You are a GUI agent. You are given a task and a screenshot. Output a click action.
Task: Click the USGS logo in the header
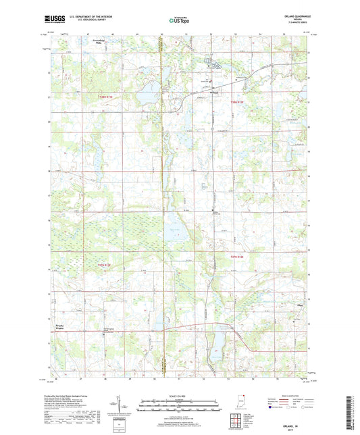click(55, 18)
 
